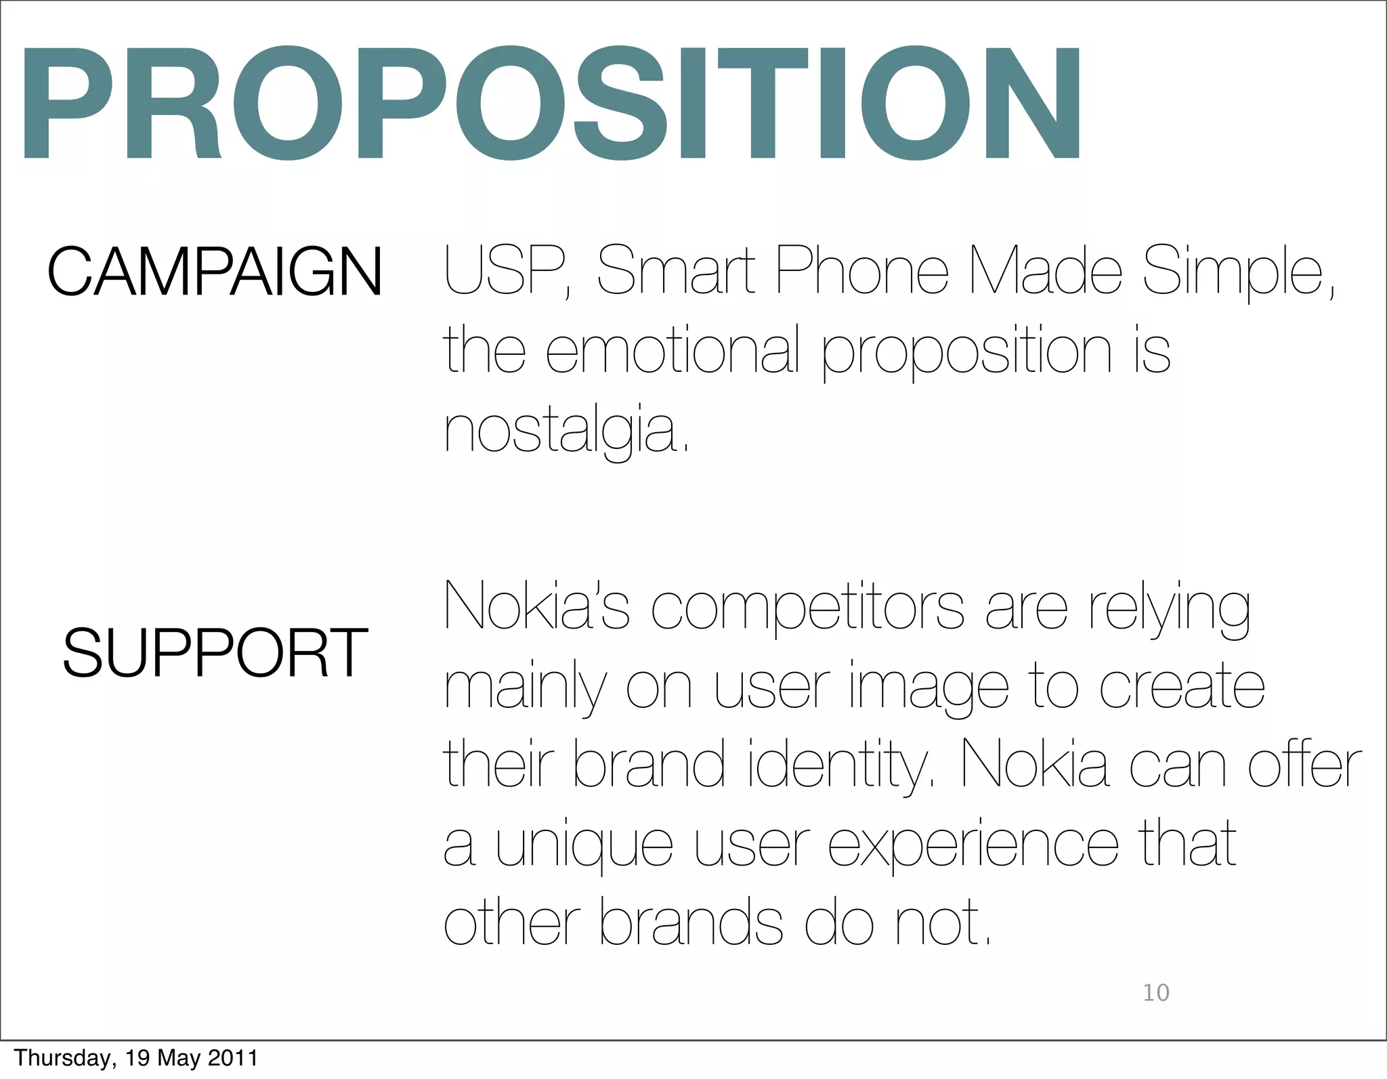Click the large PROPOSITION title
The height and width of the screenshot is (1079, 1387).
coord(552,103)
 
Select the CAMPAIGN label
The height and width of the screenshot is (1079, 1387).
coord(215,272)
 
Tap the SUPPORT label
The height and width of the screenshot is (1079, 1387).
coord(215,653)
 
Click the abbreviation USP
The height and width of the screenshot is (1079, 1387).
coord(505,271)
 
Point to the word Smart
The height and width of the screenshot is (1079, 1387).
coord(676,271)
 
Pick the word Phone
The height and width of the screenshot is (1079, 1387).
coord(861,271)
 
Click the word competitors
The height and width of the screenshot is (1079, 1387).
coord(807,608)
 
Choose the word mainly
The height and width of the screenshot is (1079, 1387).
coord(524,688)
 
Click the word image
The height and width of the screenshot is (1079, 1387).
coord(928,688)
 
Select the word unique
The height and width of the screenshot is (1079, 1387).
coord(584,847)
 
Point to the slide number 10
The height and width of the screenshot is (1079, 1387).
coord(1156,993)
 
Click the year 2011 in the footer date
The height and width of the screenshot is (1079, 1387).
coord(232,1058)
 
